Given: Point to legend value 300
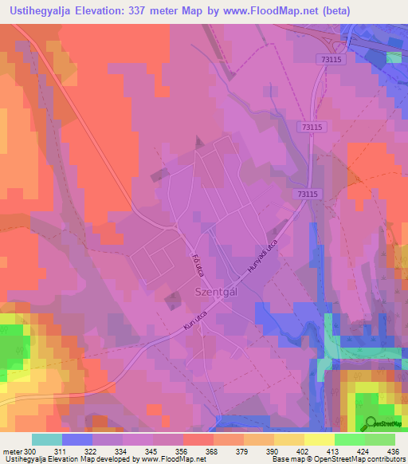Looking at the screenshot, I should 31,451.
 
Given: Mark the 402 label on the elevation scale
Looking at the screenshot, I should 304,451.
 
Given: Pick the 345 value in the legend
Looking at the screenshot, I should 153,451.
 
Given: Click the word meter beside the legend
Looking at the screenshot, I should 12,451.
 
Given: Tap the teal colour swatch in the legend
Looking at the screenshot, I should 46,439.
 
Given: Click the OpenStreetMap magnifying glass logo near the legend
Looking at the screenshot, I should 370,423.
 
